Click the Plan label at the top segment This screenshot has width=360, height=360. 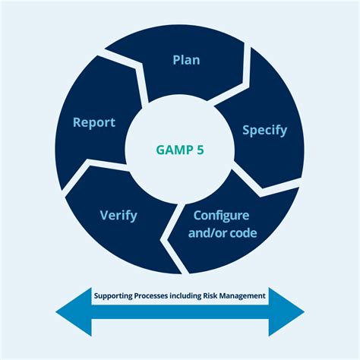tap(185, 60)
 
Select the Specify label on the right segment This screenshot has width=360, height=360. tap(264, 130)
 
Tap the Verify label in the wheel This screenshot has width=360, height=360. tap(118, 215)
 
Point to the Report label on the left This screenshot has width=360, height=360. tap(93, 122)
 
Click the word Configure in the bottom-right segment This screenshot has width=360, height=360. tap(223, 215)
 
